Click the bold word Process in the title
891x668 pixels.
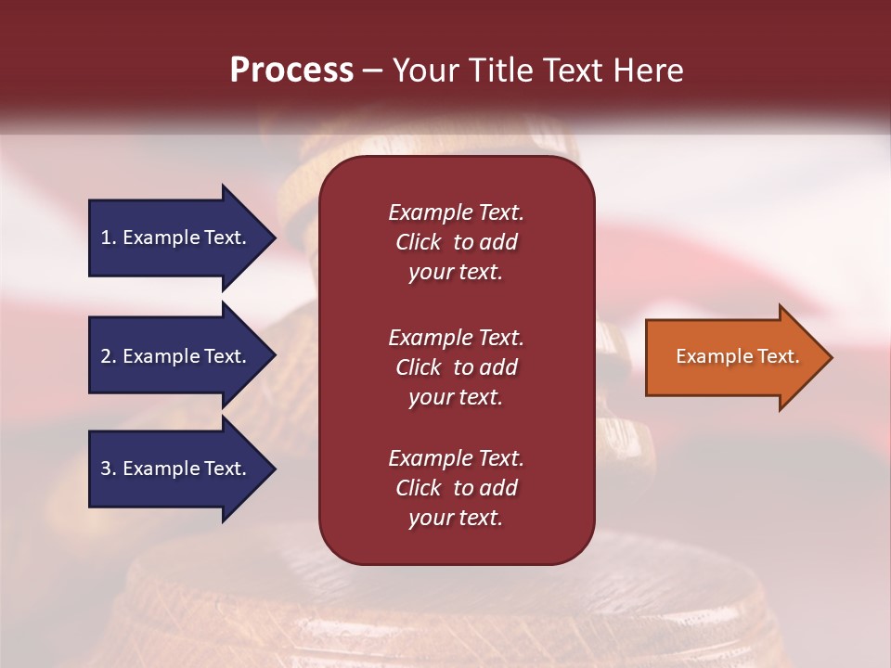[x=291, y=71]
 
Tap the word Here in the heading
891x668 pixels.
[x=648, y=71]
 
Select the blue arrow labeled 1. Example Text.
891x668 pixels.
[x=176, y=238]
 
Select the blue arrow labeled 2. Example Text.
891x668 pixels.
[x=176, y=356]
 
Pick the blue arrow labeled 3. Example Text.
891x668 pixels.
[x=176, y=469]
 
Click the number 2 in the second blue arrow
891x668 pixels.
[x=105, y=356]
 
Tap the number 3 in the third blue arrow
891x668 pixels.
[x=105, y=469]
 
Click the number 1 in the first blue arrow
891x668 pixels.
[x=105, y=238]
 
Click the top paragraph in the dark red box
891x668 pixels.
[x=456, y=242]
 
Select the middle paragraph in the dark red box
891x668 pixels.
[x=456, y=367]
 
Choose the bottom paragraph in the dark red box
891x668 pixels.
[x=456, y=488]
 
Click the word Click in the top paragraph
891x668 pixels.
[x=418, y=242]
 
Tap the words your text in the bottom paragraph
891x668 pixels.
[x=456, y=518]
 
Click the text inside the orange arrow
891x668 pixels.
[x=737, y=356]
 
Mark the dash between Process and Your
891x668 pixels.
[x=372, y=71]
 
